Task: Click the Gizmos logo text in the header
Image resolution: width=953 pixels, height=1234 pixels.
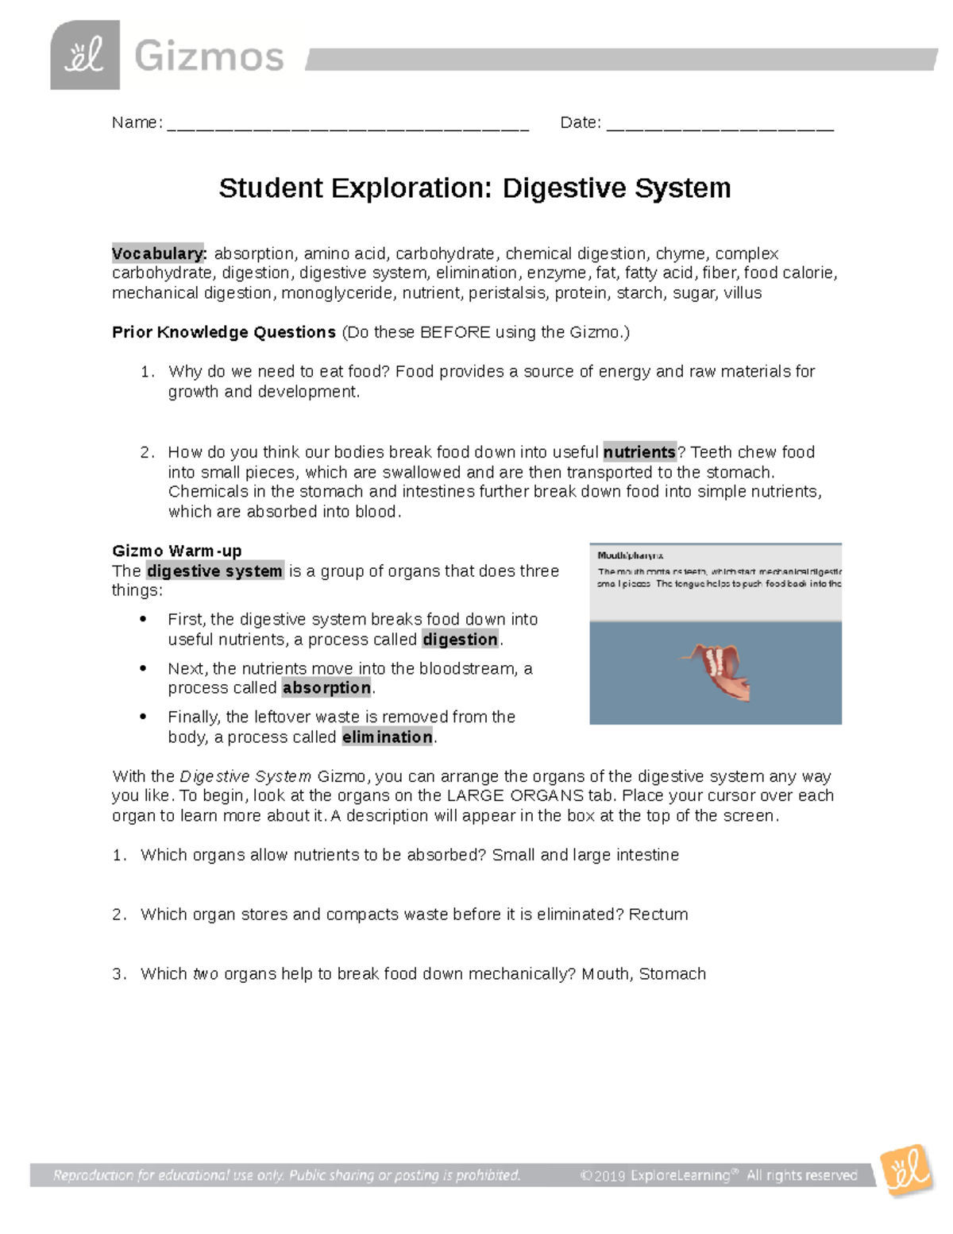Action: [209, 57]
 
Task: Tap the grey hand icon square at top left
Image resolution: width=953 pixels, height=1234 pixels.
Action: [85, 56]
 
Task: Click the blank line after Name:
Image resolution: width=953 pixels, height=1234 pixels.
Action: [348, 124]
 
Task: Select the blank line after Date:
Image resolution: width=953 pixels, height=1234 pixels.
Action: [720, 124]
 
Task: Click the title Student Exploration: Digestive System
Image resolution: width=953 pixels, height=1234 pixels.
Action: [475, 188]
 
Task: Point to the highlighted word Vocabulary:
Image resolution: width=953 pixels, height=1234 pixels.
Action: [159, 253]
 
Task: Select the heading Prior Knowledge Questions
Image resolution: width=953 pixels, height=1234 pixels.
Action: [224, 332]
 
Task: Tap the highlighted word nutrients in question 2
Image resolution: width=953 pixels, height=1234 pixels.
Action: [639, 452]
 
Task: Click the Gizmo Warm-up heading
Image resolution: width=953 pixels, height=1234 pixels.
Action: [177, 551]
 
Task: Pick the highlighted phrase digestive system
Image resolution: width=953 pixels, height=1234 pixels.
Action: [214, 571]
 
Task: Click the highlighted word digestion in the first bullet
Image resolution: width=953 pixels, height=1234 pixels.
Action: [460, 640]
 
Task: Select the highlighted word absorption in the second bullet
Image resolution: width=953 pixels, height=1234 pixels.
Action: [326, 688]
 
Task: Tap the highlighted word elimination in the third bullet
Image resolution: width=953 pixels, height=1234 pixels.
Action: [388, 737]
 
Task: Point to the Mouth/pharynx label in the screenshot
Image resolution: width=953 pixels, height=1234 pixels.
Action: [631, 556]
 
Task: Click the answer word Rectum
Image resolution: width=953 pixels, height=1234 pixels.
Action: [658, 915]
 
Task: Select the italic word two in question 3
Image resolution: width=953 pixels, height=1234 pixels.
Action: [206, 974]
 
